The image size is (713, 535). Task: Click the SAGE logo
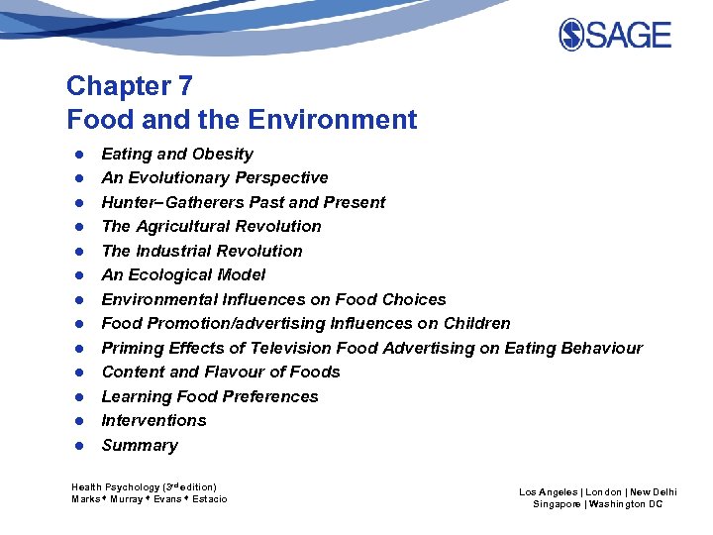coord(615,35)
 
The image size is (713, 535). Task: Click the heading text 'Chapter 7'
coord(130,86)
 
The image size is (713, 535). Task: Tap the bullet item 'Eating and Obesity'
coord(177,154)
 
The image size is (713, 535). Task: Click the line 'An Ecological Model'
coord(183,274)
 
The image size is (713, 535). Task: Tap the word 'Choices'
coord(413,299)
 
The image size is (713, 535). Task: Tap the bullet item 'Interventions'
coord(153,420)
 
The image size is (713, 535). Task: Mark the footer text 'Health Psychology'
coord(115,486)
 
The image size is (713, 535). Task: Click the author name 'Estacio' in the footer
coord(207,499)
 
